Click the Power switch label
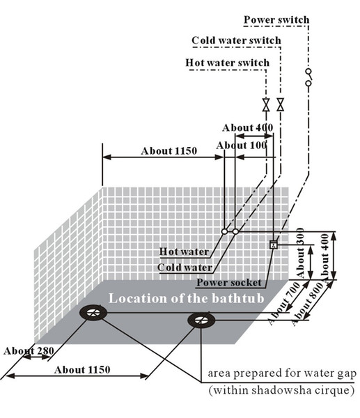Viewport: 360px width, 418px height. pyautogui.click(x=276, y=20)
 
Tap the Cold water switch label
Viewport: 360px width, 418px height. pyautogui.click(x=236, y=40)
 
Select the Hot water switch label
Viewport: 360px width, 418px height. pyautogui.click(x=227, y=63)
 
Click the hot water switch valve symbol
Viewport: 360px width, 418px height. pyautogui.click(x=266, y=104)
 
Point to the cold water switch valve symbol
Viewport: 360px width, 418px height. pyautogui.click(x=280, y=104)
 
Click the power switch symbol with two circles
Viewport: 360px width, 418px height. pyautogui.click(x=308, y=77)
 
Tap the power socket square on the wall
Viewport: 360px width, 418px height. pyautogui.click(x=274, y=245)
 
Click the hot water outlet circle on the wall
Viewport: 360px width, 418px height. pyautogui.click(x=225, y=231)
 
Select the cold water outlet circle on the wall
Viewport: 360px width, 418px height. pyautogui.click(x=235, y=231)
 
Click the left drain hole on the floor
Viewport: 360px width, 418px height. pyautogui.click(x=93, y=313)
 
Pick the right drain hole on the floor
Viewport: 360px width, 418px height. pyautogui.click(x=201, y=320)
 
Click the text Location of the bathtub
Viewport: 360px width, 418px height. pyautogui.click(x=186, y=298)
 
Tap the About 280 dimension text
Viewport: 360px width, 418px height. pyautogui.click(x=29, y=350)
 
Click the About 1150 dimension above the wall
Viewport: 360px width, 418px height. pyautogui.click(x=169, y=151)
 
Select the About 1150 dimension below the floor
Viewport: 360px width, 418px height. pyautogui.click(x=82, y=370)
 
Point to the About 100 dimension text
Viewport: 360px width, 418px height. pyautogui.click(x=241, y=146)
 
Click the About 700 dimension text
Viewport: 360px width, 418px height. pyautogui.click(x=284, y=303)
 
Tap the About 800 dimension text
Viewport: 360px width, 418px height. pyautogui.click(x=306, y=304)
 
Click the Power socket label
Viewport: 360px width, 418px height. pyautogui.click(x=229, y=283)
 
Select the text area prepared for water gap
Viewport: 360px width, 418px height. pyautogui.click(x=282, y=373)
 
